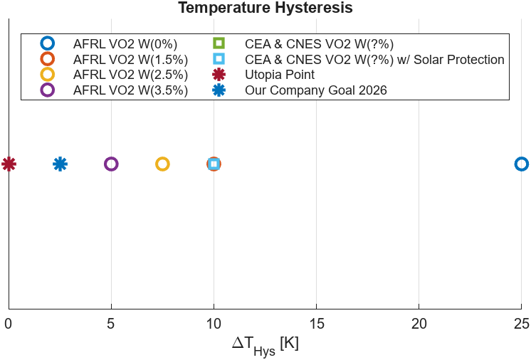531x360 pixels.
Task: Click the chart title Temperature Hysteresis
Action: click(x=265, y=8)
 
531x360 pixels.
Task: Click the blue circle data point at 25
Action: click(x=521, y=164)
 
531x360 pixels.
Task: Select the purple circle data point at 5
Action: click(x=111, y=164)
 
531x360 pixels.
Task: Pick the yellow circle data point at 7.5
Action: click(x=162, y=164)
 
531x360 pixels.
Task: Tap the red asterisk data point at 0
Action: click(x=9, y=164)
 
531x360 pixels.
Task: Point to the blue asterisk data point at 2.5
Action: click(x=60, y=164)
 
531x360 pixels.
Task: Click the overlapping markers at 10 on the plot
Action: click(x=214, y=164)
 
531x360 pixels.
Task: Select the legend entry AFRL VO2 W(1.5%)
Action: click(x=130, y=59)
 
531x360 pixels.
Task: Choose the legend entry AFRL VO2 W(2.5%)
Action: click(x=130, y=75)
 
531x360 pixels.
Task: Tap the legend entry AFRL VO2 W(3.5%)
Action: click(x=130, y=90)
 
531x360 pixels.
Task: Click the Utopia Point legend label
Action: click(x=279, y=75)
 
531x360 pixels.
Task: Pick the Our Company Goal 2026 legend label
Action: click(x=315, y=90)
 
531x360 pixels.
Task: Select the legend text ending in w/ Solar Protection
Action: click(x=374, y=59)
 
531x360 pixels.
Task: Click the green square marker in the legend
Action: click(x=219, y=43)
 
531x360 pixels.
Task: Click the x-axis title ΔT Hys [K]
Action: click(x=265, y=344)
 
